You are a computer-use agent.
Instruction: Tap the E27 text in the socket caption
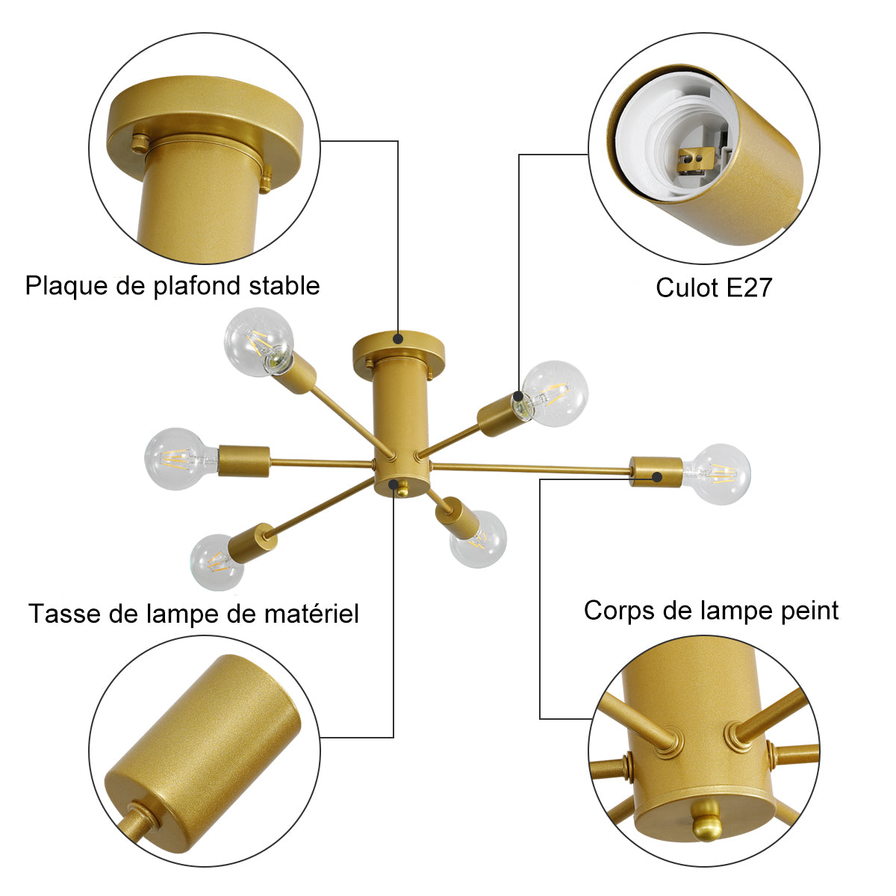click(x=749, y=287)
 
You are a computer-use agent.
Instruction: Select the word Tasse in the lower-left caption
click(x=64, y=614)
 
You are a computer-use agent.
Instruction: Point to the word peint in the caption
click(x=810, y=612)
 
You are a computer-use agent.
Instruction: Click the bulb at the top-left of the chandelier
click(x=258, y=342)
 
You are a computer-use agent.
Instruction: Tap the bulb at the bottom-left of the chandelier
click(x=217, y=562)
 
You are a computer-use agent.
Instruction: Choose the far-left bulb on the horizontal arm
click(x=179, y=458)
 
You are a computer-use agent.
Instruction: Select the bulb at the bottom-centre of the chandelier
click(x=479, y=540)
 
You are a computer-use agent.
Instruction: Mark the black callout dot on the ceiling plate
click(x=398, y=338)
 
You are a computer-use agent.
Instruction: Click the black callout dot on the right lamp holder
click(x=657, y=476)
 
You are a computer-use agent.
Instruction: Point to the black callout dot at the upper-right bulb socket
click(x=518, y=396)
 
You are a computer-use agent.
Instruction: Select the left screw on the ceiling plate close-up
click(x=139, y=143)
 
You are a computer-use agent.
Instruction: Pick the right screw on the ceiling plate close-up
click(x=266, y=182)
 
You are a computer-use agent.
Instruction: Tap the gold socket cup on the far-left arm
click(x=243, y=461)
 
